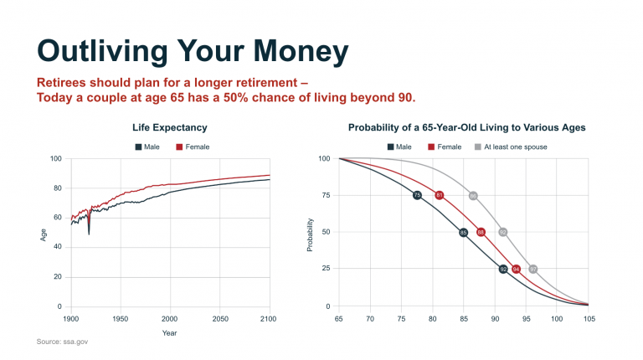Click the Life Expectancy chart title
[x=170, y=127]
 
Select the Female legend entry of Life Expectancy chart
[x=193, y=147]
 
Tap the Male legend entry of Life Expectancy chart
[x=147, y=147]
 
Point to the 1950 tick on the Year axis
[x=121, y=319]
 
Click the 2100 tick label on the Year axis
[x=269, y=319]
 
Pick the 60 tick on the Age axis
[x=56, y=218]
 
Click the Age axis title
[x=44, y=234]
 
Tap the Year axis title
[x=170, y=332]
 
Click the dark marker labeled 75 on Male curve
[x=417, y=195]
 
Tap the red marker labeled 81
[x=440, y=195]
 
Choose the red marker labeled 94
[x=517, y=269]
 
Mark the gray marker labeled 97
[x=533, y=269]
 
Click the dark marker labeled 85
[x=463, y=232]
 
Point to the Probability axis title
[x=311, y=234]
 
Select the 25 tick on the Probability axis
[x=325, y=269]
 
